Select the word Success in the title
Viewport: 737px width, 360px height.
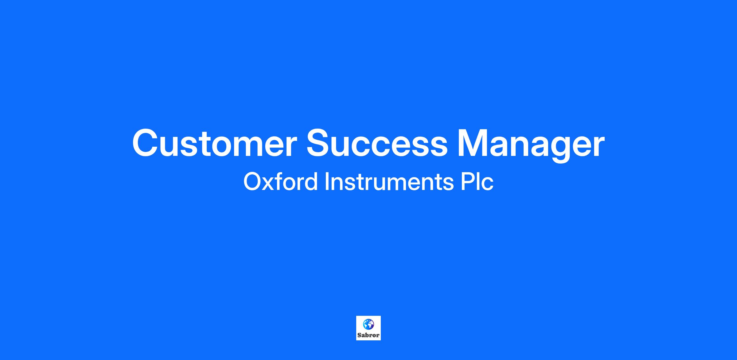377,143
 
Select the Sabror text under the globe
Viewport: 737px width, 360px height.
368,335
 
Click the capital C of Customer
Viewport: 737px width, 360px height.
146,143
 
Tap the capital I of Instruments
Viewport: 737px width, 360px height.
327,182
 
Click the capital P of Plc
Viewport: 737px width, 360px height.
467,182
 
